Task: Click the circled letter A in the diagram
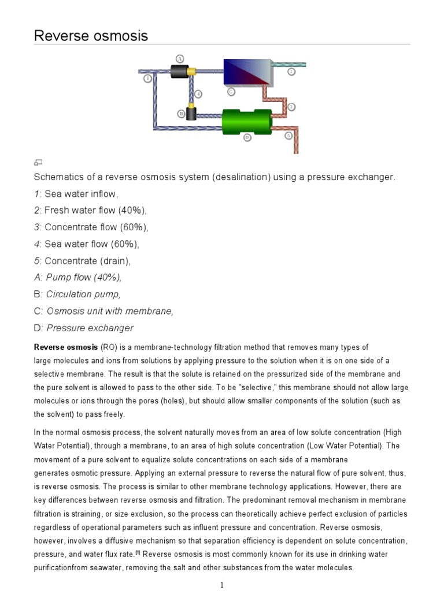pos(180,59)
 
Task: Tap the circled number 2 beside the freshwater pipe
pos(291,72)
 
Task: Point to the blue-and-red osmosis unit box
pos(246,73)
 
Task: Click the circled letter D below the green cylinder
pos(247,137)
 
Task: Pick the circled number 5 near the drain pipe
pos(288,136)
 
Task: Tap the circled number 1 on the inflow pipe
pos(148,78)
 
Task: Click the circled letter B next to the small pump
pos(181,114)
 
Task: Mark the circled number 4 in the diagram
pos(198,93)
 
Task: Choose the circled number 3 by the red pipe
pos(291,107)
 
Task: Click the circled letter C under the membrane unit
pos(231,91)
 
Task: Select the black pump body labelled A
pos(180,71)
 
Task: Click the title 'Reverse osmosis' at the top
pos(91,36)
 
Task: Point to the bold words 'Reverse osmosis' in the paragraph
pos(66,347)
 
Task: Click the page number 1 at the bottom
pos(221,585)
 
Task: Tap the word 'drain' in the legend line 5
pos(116,261)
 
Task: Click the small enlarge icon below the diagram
pos(38,162)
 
